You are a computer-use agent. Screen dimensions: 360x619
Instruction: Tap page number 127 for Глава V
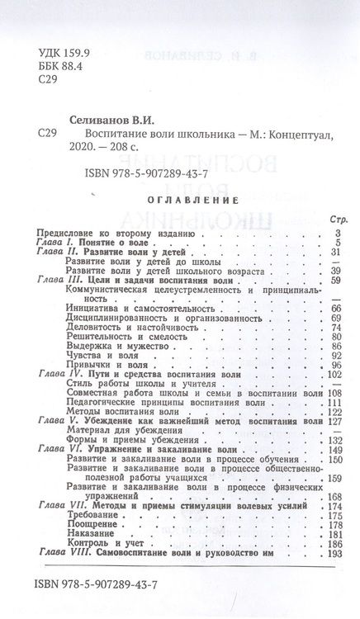click(x=334, y=421)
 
